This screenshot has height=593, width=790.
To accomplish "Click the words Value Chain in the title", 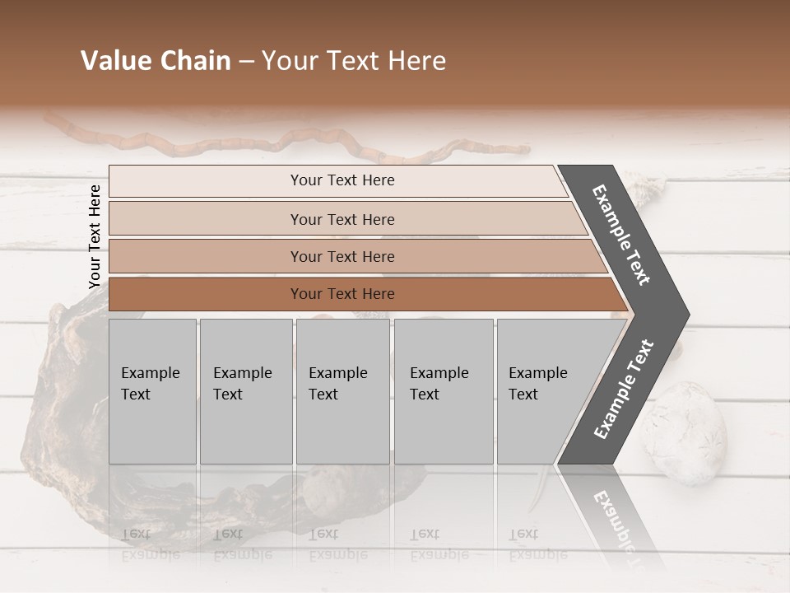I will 156,61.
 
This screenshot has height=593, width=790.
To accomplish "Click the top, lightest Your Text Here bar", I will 342,181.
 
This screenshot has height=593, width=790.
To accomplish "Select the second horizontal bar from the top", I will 342,219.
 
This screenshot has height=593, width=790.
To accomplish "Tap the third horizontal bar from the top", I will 342,257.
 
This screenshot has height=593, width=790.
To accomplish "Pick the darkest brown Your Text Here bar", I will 342,294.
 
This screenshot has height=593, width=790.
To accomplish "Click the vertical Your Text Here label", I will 95,236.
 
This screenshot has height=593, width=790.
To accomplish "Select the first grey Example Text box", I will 152,390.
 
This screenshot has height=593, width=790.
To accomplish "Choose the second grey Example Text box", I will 245,390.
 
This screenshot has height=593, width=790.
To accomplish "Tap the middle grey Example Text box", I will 342,390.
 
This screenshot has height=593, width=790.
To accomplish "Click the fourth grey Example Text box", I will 443,390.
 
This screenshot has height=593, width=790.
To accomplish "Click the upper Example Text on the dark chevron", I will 622,236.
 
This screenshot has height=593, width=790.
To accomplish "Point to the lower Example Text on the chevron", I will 624,389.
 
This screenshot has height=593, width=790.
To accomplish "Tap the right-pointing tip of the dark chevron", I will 681,314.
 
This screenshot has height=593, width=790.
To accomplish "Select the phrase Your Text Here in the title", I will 354,61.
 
